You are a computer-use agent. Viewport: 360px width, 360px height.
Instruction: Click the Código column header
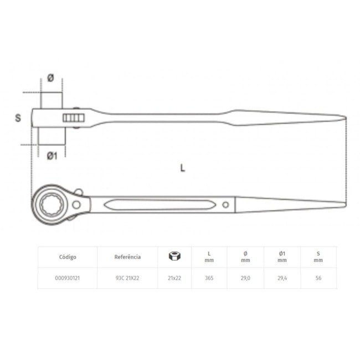click(68, 257)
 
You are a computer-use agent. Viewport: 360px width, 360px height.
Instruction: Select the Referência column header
click(127, 257)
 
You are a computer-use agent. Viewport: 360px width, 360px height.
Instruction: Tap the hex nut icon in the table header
click(173, 256)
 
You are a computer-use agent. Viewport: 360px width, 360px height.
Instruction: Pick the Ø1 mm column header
click(282, 257)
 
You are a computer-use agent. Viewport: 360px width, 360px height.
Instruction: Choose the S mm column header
click(318, 257)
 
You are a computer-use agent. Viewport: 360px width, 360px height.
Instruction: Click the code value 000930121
click(68, 279)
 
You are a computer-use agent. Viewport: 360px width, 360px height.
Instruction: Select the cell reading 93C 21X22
click(127, 279)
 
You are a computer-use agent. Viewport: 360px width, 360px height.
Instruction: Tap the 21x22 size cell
click(174, 279)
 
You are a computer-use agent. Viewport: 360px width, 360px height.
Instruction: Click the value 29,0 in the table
click(245, 279)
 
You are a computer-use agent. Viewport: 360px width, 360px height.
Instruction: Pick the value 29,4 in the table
click(282, 279)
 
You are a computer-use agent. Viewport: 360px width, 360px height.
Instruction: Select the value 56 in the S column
click(318, 279)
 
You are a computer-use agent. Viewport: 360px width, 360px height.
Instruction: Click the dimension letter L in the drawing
click(182, 168)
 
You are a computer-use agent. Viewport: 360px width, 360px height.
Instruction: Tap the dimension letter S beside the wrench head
click(18, 118)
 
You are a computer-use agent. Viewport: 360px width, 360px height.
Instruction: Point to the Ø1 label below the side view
click(52, 156)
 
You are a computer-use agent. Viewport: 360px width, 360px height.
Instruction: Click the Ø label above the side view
click(51, 79)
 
